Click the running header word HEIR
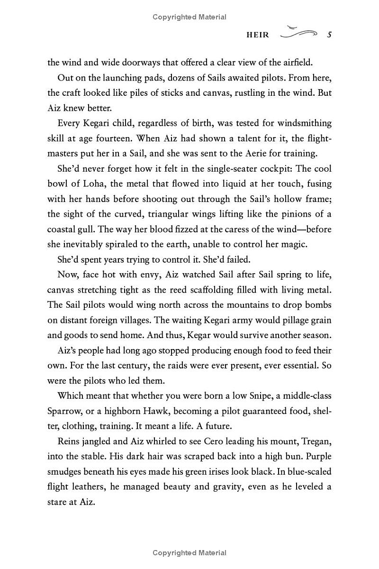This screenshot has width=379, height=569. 258,35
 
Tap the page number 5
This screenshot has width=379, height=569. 329,35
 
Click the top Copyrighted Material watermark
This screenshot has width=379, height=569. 189,17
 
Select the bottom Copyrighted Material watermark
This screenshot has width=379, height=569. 189,553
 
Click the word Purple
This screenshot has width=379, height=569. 316,456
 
